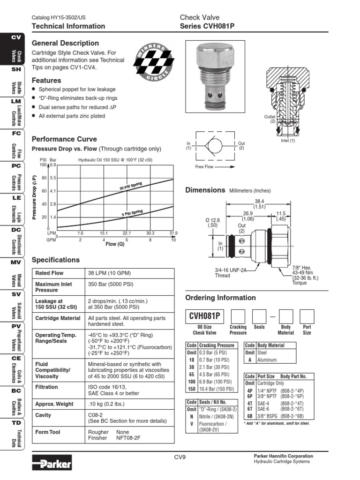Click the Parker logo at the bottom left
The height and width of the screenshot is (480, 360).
52,463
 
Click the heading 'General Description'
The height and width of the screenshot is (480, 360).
65,43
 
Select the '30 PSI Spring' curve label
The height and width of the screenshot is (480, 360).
130,186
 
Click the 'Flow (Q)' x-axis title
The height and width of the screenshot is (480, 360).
115,244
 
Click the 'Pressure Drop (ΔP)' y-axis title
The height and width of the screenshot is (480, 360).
34,197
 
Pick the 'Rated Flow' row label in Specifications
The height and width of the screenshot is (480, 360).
49,273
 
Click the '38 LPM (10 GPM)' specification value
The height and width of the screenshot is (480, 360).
109,273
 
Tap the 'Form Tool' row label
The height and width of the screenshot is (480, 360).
48,432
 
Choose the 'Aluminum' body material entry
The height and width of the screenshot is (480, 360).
267,360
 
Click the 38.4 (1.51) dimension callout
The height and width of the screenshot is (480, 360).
260,204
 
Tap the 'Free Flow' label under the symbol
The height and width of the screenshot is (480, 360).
204,167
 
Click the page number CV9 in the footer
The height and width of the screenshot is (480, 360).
180,457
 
